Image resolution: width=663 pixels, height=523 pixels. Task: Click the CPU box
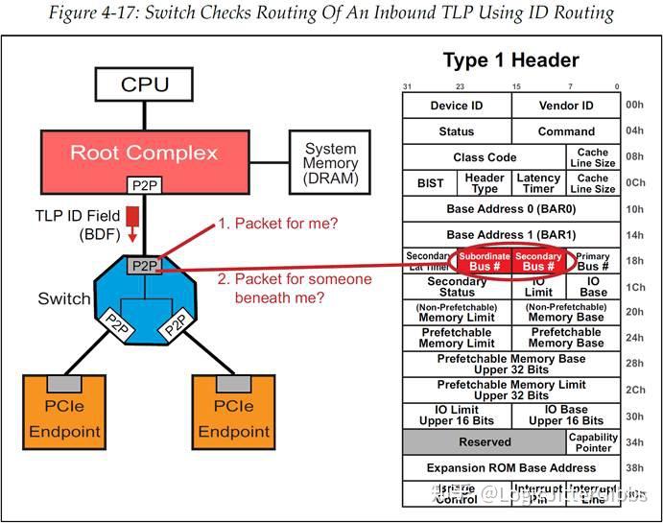pyautogui.click(x=144, y=84)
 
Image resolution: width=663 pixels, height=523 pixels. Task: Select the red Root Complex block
pyautogui.click(x=143, y=154)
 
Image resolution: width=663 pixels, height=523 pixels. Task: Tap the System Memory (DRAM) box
pyautogui.click(x=331, y=163)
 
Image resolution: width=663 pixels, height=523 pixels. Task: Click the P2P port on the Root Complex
pyautogui.click(x=143, y=184)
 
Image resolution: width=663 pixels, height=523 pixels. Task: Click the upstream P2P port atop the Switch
pyautogui.click(x=143, y=266)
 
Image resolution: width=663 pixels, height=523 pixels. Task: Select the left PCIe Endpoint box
pyautogui.click(x=64, y=413)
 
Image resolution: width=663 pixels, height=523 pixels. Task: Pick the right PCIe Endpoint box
pyautogui.click(x=233, y=413)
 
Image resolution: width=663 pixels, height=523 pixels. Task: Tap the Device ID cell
pyautogui.click(x=456, y=106)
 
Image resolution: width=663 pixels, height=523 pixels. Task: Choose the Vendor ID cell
pyautogui.click(x=566, y=106)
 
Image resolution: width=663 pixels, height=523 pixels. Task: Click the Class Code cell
pyautogui.click(x=485, y=157)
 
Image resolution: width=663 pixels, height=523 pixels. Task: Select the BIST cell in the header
pyautogui.click(x=430, y=182)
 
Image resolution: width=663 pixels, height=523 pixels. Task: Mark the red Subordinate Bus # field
pyautogui.click(x=484, y=261)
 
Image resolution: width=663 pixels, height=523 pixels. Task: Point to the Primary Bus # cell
pyautogui.click(x=593, y=261)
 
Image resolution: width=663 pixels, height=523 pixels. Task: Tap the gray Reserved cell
pyautogui.click(x=485, y=442)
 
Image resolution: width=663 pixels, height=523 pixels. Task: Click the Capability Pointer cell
pyautogui.click(x=593, y=442)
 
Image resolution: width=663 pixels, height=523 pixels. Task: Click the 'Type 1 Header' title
pyautogui.click(x=510, y=60)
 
